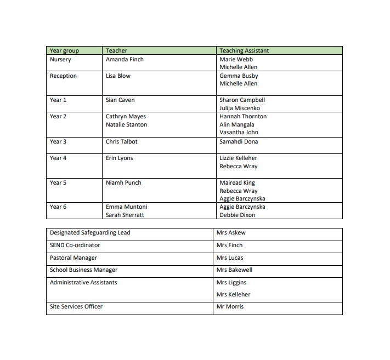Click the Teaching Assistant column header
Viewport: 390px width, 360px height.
(x=244, y=51)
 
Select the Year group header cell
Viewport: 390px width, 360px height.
(x=64, y=51)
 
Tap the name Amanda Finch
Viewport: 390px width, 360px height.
(x=125, y=59)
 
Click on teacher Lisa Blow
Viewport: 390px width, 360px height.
(x=118, y=76)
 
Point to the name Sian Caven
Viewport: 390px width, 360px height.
(x=120, y=100)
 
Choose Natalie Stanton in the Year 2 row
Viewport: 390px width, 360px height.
(x=126, y=124)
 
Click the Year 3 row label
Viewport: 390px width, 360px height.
(x=58, y=141)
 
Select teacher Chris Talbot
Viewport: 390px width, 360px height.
(x=122, y=141)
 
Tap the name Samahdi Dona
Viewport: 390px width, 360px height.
(x=238, y=141)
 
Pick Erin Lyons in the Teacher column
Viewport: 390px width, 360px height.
(x=119, y=158)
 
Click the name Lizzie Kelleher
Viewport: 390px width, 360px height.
(x=238, y=158)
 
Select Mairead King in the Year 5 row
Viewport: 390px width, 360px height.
(x=237, y=182)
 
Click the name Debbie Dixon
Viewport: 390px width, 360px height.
(x=238, y=215)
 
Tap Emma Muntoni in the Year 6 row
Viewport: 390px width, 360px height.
(x=126, y=207)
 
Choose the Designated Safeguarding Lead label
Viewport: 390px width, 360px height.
(x=90, y=232)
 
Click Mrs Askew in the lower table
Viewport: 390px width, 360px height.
(x=231, y=232)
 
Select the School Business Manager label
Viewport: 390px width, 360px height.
(x=83, y=270)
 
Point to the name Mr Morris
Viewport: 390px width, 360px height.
(x=230, y=306)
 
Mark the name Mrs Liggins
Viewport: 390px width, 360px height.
(x=231, y=282)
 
